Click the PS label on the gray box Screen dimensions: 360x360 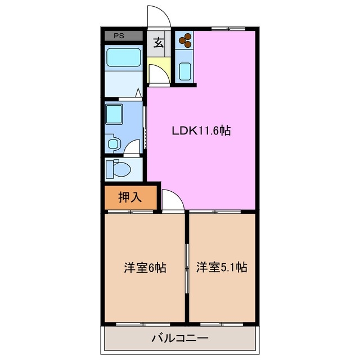pyautogui.click(x=119, y=36)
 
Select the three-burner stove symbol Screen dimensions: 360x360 pyautogui.click(x=185, y=40)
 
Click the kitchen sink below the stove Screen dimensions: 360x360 pyautogui.click(x=185, y=71)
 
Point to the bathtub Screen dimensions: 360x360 pyautogui.click(x=123, y=58)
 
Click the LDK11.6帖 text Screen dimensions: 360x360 pyautogui.click(x=201, y=131)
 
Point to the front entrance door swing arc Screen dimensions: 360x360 pyautogui.click(x=158, y=15)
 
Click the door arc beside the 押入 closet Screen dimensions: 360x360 pyautogui.click(x=172, y=199)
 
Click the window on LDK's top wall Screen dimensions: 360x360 pyautogui.click(x=223, y=28)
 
